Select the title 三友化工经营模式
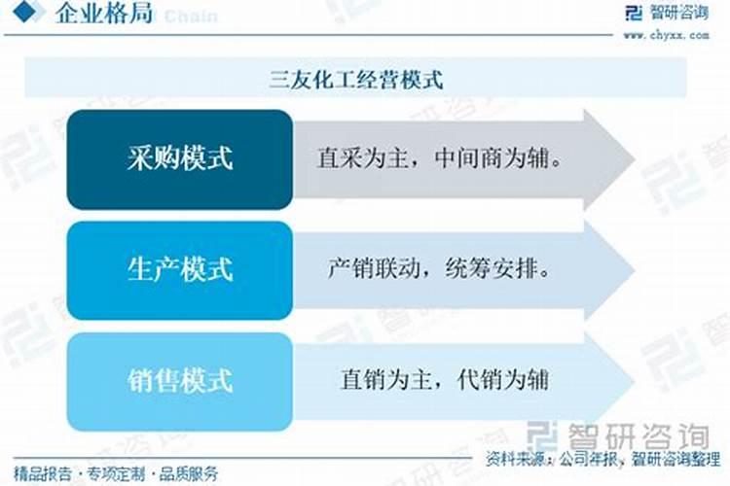coord(356,80)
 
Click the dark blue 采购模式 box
coord(180,158)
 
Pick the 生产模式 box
coord(180,269)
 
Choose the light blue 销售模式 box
coord(180,380)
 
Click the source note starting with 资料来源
coord(602,458)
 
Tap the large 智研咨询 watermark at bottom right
coord(624,433)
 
